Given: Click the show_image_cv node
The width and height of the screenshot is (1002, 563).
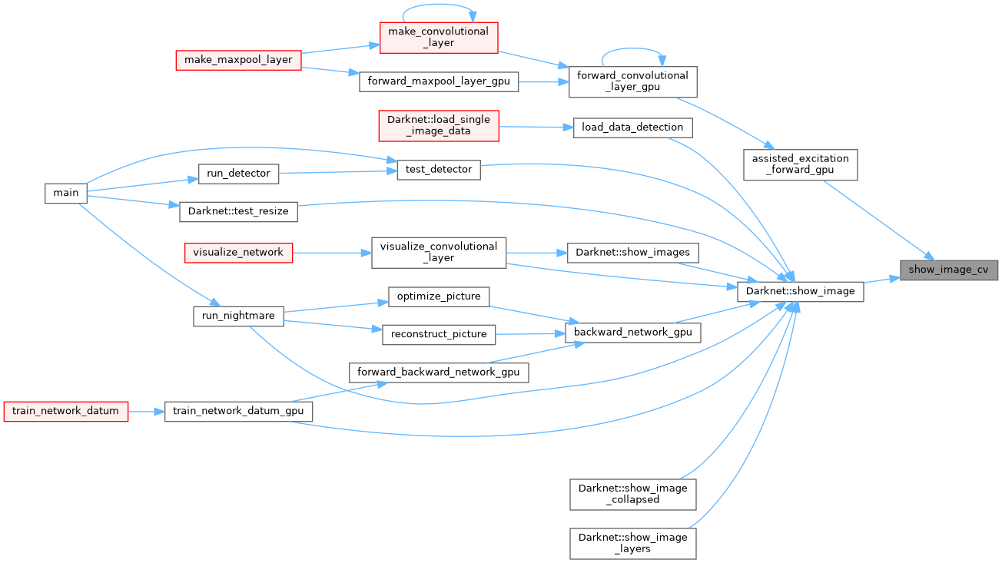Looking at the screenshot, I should (x=948, y=270).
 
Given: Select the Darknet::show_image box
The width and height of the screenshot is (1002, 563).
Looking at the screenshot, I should (x=801, y=291).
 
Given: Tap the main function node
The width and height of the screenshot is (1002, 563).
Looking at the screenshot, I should (x=66, y=193).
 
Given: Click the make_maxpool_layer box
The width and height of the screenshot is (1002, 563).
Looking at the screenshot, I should (x=238, y=60).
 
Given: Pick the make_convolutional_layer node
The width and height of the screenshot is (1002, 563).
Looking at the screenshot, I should (x=439, y=37).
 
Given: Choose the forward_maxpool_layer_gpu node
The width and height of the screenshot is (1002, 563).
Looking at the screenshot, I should (x=439, y=81).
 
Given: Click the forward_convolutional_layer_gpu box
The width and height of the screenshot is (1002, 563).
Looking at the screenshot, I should (x=632, y=81).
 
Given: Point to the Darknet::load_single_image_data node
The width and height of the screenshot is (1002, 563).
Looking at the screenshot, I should (x=439, y=125).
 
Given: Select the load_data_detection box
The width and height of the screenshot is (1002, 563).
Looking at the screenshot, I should (x=632, y=127).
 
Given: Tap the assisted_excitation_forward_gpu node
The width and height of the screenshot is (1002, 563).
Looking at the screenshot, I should (x=800, y=164).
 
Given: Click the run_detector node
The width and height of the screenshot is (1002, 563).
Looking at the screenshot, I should (x=238, y=174).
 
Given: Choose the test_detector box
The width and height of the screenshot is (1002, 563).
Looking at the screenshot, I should (x=439, y=169).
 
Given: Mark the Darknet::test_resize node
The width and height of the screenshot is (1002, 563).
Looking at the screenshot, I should (x=238, y=212).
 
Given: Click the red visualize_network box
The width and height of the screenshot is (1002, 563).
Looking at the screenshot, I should (x=238, y=252).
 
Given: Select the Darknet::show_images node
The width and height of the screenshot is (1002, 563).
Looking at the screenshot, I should (x=632, y=252).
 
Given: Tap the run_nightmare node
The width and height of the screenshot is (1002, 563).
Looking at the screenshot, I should (x=238, y=316).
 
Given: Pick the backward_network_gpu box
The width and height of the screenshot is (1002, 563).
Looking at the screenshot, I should (x=632, y=332).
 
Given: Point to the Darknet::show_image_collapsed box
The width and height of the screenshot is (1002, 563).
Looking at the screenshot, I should (x=632, y=494).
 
